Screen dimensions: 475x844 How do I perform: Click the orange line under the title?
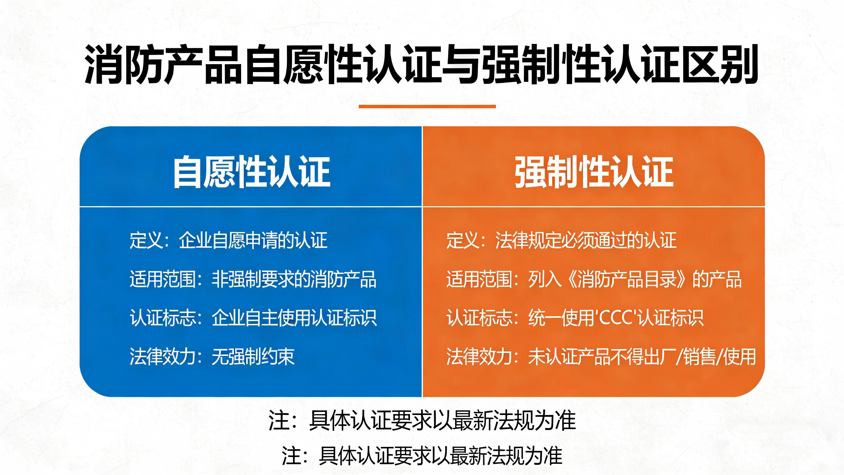(x=427, y=106)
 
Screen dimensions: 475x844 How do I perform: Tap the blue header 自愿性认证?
(x=252, y=172)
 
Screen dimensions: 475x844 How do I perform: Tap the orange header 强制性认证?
(x=594, y=172)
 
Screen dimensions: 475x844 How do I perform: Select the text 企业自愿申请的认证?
(x=253, y=240)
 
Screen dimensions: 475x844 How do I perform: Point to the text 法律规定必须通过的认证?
(x=586, y=240)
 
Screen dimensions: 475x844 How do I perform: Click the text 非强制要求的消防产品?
(x=294, y=279)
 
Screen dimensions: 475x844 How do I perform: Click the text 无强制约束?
(x=253, y=356)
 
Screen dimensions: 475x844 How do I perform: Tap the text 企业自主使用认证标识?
(x=294, y=317)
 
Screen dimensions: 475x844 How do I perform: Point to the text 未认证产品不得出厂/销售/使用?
(x=642, y=356)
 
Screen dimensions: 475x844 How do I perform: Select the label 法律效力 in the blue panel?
(x=163, y=356)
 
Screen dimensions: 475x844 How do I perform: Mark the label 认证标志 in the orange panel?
(x=479, y=317)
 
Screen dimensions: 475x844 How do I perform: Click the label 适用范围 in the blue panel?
(x=163, y=279)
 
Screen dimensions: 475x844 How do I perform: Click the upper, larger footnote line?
(x=422, y=421)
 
